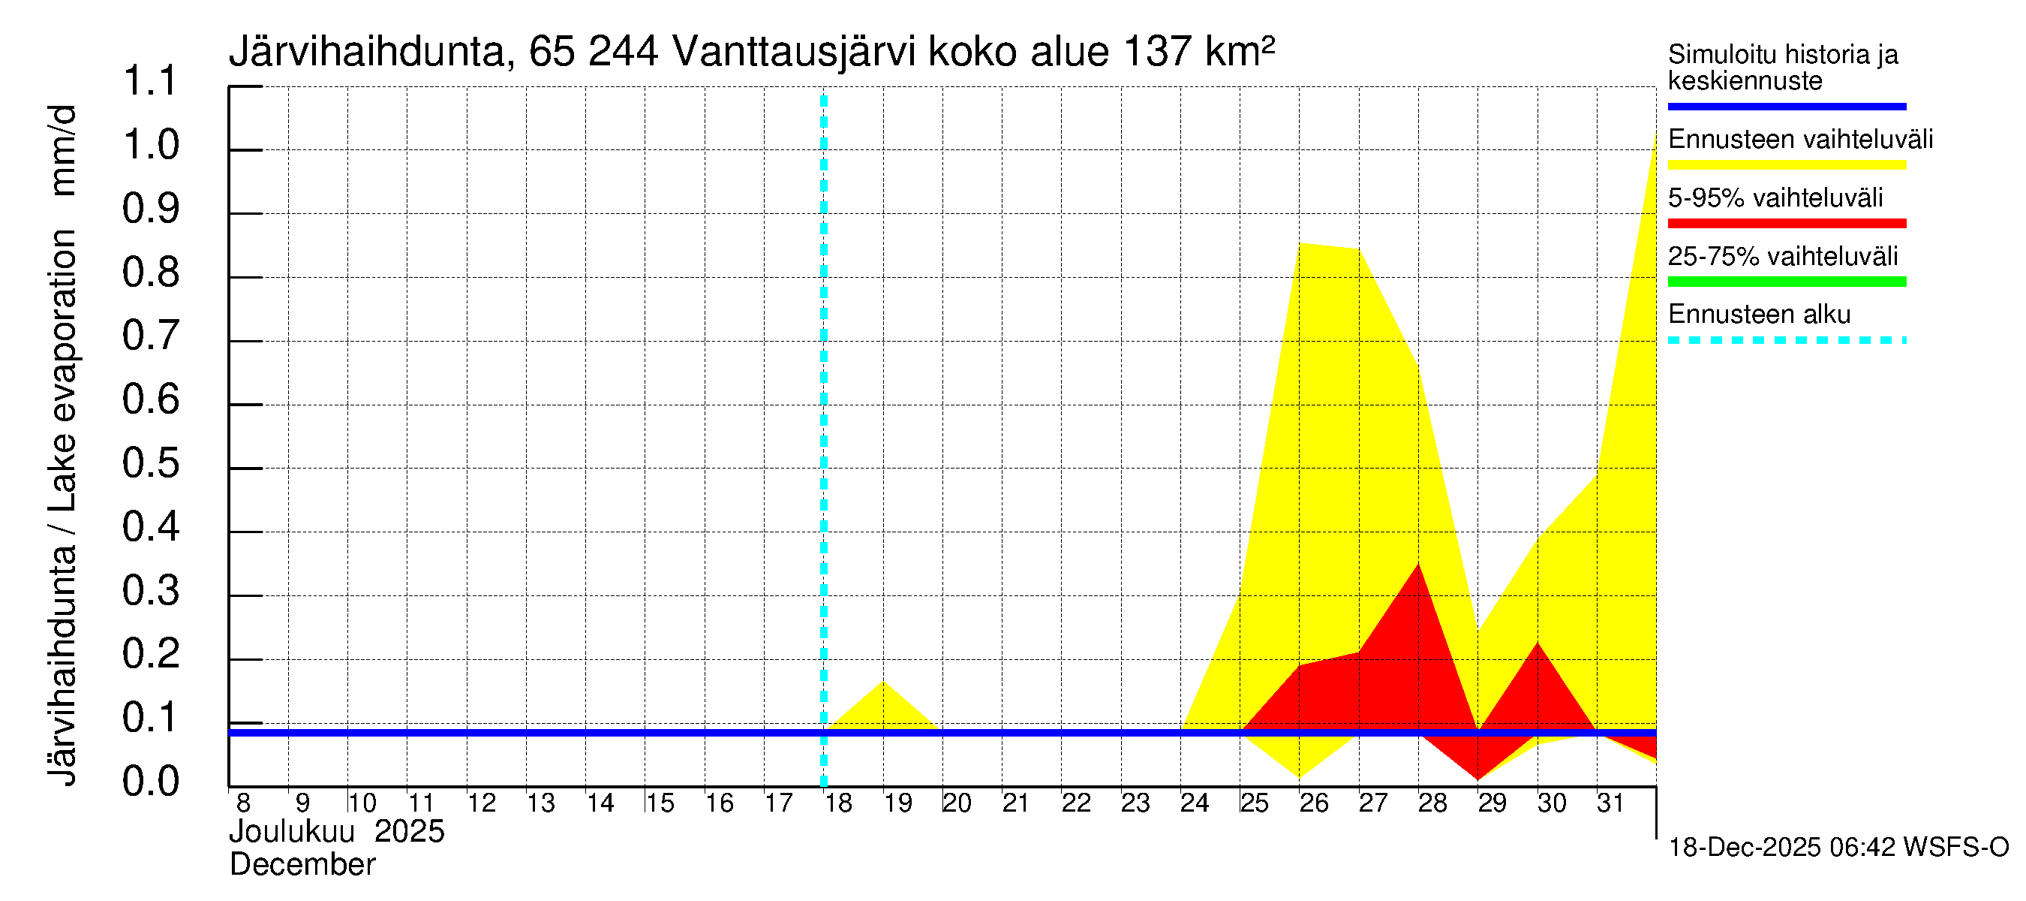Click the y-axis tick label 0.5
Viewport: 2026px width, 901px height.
pyautogui.click(x=150, y=463)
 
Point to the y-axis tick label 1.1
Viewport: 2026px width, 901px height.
pyautogui.click(x=150, y=82)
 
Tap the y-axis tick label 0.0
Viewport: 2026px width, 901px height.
pyautogui.click(x=150, y=782)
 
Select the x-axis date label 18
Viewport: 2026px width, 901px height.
pyautogui.click(x=838, y=803)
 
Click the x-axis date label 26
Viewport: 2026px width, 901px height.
pyautogui.click(x=1313, y=803)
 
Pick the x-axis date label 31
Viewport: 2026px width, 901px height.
pyautogui.click(x=1610, y=803)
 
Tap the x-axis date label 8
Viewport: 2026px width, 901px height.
pyautogui.click(x=243, y=803)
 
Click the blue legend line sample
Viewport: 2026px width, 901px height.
pyautogui.click(x=1786, y=106)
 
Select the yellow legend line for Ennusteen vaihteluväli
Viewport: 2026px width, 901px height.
pyautogui.click(x=1786, y=165)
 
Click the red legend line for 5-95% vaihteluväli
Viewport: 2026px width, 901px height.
pyautogui.click(x=1786, y=224)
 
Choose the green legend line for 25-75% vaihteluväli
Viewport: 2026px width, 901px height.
pyautogui.click(x=1786, y=282)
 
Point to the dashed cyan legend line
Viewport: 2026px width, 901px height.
pyautogui.click(x=1786, y=341)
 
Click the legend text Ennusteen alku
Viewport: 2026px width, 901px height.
pyautogui.click(x=1759, y=315)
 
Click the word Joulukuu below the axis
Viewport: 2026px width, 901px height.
pyautogui.click(x=292, y=832)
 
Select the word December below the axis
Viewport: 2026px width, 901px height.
pyautogui.click(x=302, y=865)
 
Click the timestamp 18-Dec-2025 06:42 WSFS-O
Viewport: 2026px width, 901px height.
pyautogui.click(x=1838, y=848)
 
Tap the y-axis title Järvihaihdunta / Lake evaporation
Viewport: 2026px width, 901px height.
pyautogui.click(x=63, y=444)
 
